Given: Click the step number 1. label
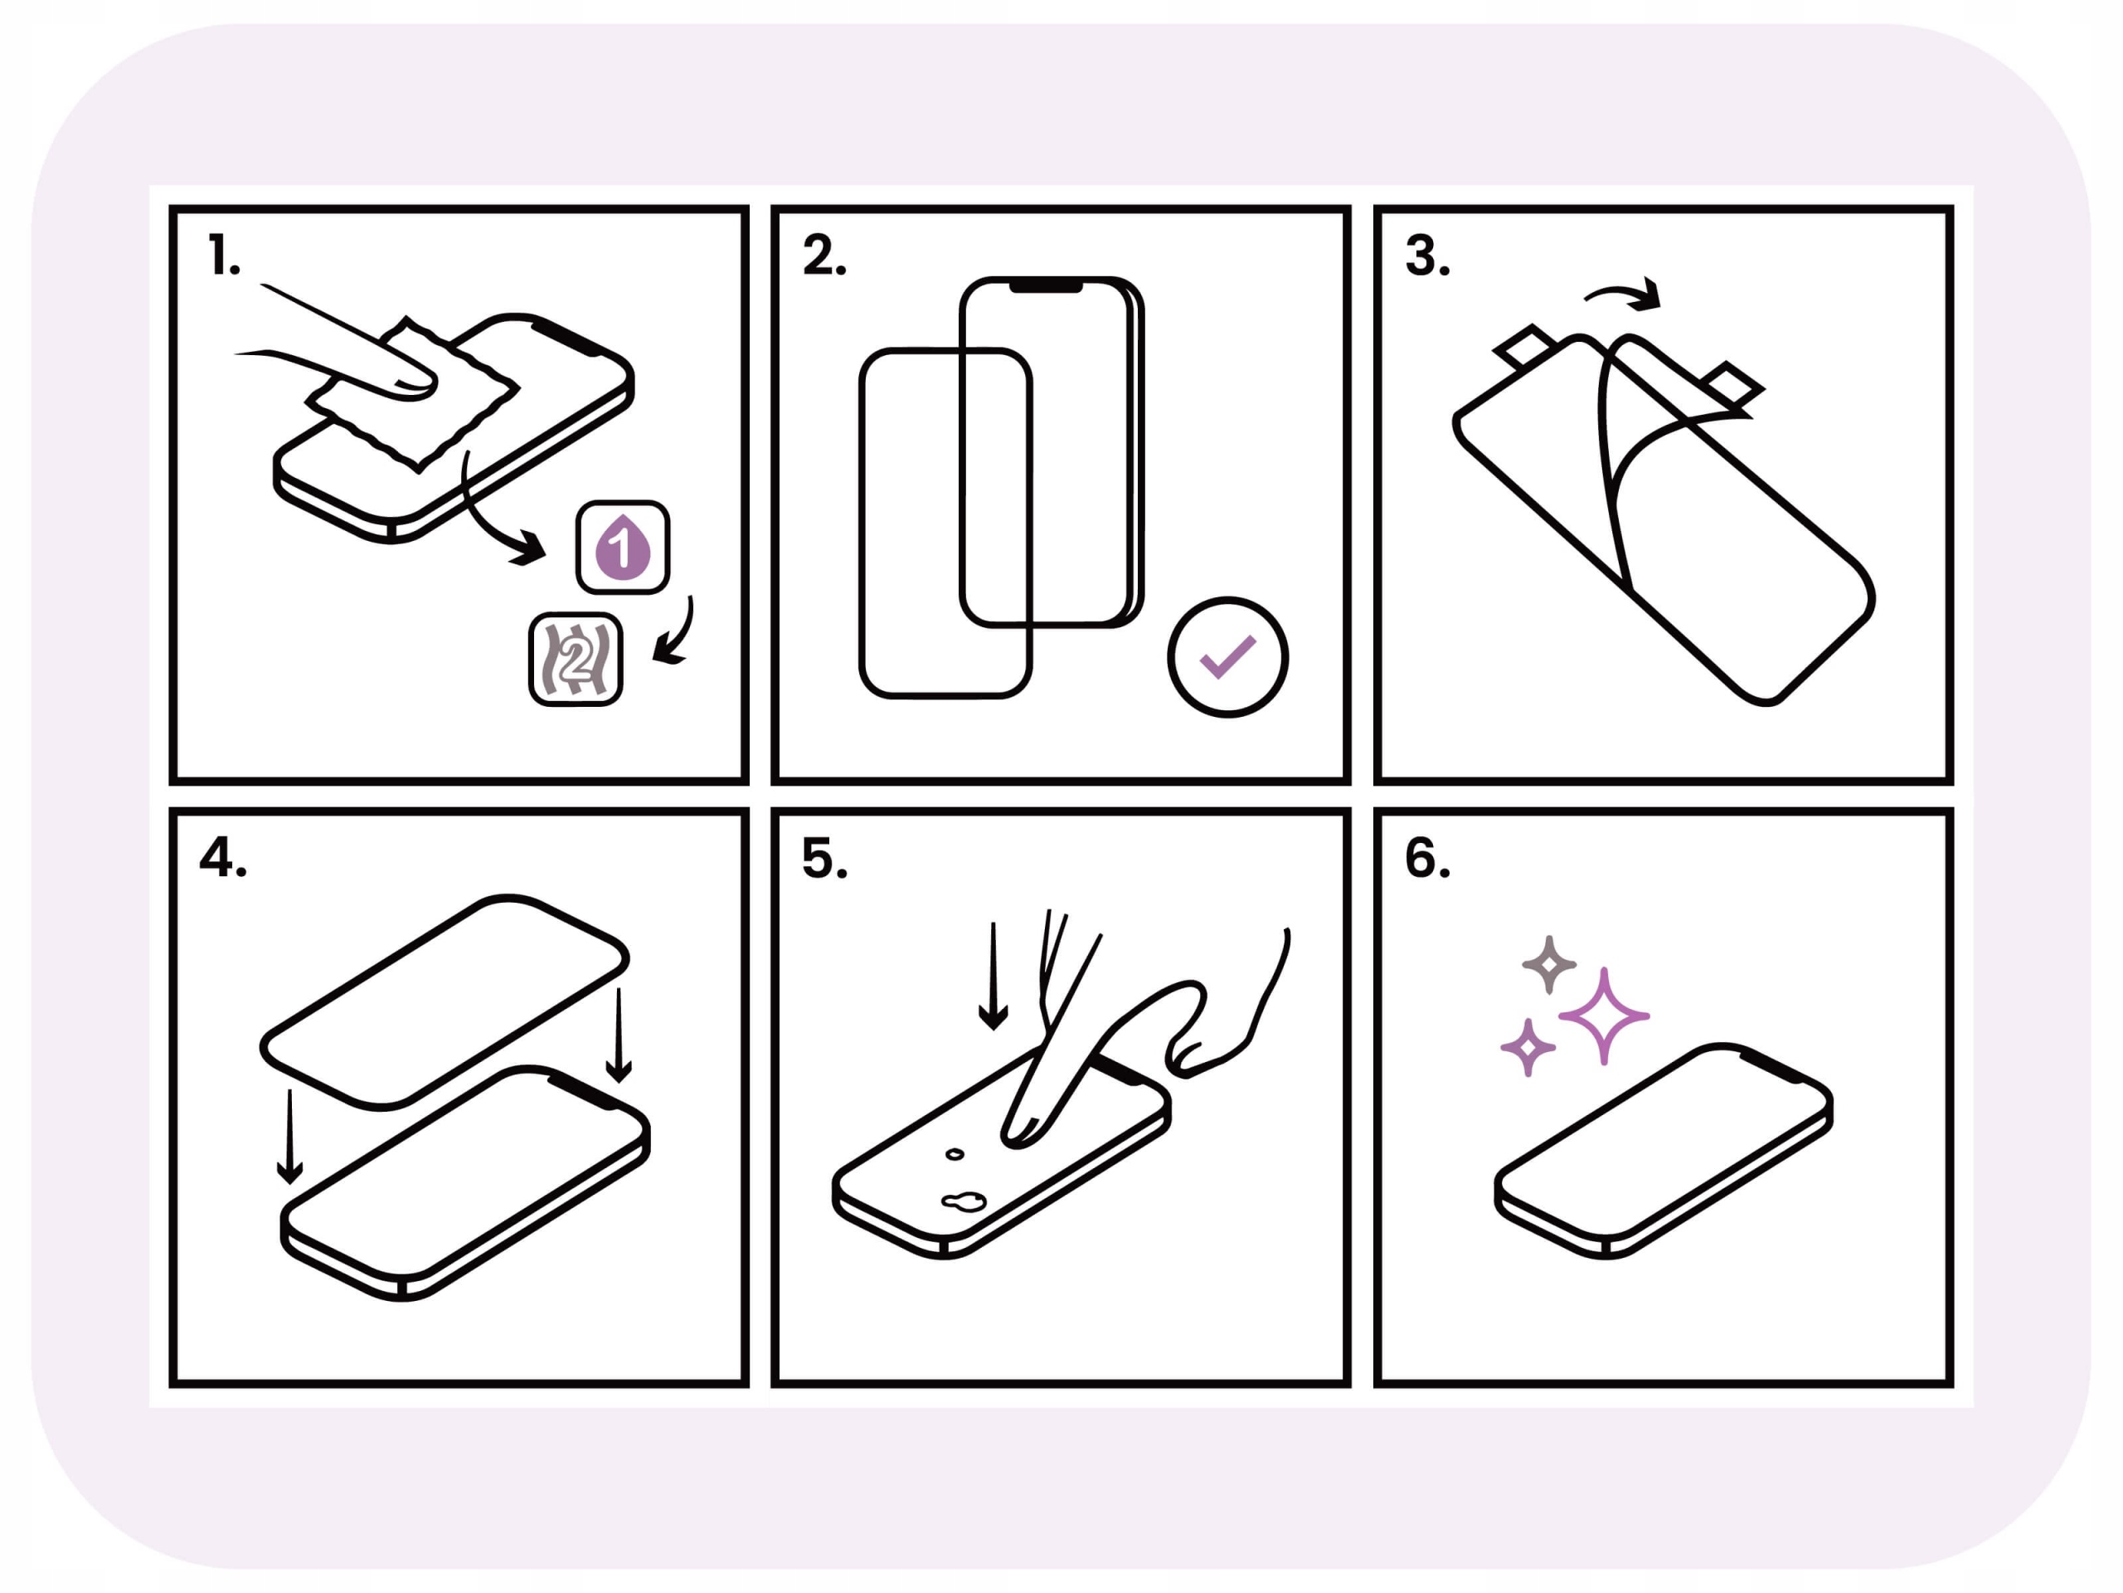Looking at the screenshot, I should click(224, 256).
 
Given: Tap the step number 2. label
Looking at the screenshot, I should click(824, 256).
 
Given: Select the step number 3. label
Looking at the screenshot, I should click(1427, 256).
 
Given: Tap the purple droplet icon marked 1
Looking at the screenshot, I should click(623, 548).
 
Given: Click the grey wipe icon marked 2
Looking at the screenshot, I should click(576, 660).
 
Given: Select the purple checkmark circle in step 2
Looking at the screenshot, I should click(1227, 657).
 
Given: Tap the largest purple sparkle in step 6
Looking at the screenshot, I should click(1603, 1016).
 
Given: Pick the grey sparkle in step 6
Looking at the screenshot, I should click(1549, 964).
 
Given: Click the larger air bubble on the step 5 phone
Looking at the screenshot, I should click(964, 1201).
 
